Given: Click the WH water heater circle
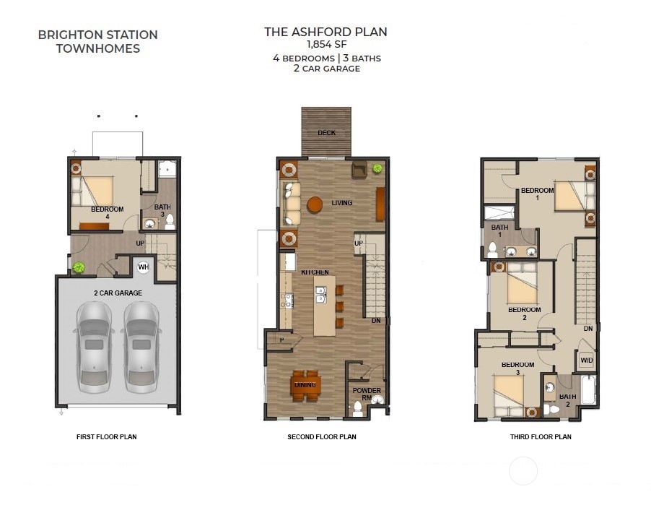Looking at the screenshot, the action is pos(143,267).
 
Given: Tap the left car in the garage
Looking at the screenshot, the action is pos(95,347).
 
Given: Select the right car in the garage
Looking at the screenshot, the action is pos(141,347).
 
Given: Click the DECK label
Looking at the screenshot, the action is pos(326,133).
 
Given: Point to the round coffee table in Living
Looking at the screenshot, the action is pos(315,204).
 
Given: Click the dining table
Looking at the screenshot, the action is pos(305,386).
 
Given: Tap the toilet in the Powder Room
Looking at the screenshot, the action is pos(357,408).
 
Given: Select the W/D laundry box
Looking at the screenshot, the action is pos(586,360).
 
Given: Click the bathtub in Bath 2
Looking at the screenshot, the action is pos(588,389).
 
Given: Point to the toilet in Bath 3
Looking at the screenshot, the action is pos(170,223).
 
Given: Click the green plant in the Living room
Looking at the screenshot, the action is pos(377,168).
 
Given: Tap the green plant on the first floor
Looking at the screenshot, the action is pos(79,267).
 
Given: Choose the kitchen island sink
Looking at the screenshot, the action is pos(320,295).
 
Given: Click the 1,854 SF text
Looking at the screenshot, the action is pos(326,44).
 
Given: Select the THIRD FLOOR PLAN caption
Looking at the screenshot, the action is pos(541,437).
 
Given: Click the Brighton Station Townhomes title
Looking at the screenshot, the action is pos(98,42).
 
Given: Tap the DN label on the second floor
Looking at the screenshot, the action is pos(376,321).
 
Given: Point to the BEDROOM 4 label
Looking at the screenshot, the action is pos(107,213).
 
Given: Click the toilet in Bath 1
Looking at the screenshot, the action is pos(492,249).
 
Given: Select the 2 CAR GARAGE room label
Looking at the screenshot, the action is pos(118,293).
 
